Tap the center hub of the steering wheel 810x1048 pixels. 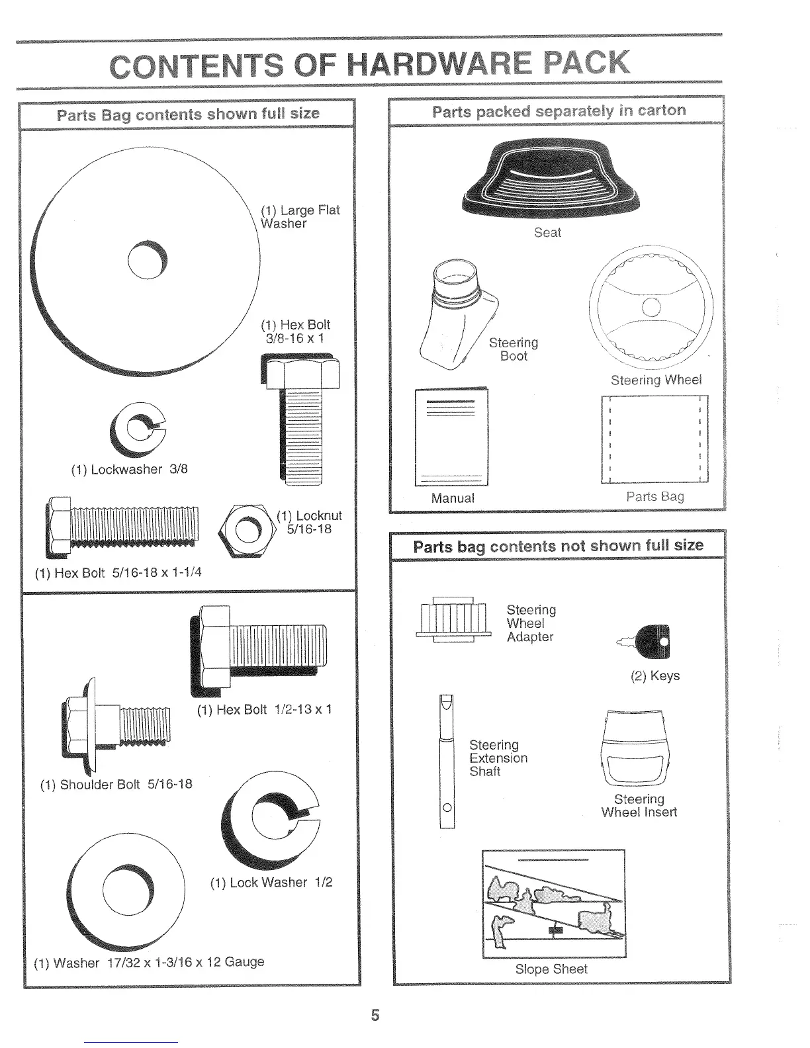[651, 306]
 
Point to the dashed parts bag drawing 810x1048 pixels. [654, 439]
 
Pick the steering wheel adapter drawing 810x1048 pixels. [454, 619]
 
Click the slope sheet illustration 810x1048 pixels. [553, 903]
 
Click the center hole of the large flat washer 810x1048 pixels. [149, 259]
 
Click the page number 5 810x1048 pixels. [375, 1014]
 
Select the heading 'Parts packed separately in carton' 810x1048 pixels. [559, 110]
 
